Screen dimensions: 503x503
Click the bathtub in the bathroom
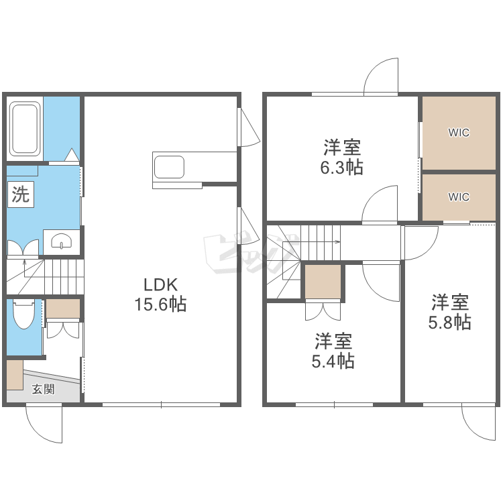25,128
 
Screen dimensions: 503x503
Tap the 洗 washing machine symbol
21,194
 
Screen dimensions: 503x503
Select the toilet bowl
23,314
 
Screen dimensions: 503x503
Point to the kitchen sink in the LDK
169,167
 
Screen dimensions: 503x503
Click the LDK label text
160,284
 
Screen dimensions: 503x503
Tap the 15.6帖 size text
160,304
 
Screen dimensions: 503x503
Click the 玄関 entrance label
44,389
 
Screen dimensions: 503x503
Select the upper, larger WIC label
459,133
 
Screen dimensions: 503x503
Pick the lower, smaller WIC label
459,197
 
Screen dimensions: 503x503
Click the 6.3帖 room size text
342,168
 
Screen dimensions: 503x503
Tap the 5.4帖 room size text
333,361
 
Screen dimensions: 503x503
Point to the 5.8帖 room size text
450,322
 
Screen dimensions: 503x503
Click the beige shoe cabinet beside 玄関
15,375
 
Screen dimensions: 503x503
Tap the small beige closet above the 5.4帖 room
323,282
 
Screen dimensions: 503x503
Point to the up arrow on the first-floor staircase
25,268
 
